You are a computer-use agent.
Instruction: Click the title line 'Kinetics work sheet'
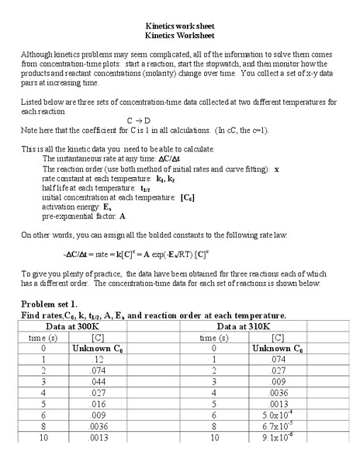tap(180, 26)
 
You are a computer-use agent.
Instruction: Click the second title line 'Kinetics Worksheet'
tap(180, 36)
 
